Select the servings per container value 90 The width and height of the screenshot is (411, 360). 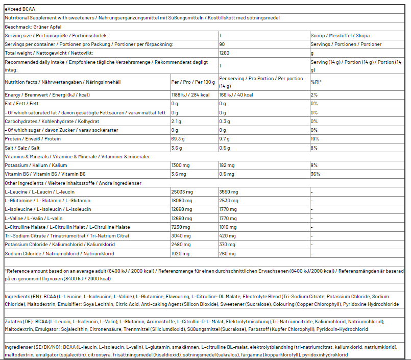pos(222,44)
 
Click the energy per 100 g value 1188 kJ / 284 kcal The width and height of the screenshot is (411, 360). pos(190,95)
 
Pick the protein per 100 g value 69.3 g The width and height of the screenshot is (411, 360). pos(178,139)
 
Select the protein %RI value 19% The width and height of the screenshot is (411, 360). pos(315,139)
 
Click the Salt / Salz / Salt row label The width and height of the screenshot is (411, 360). pos(26,148)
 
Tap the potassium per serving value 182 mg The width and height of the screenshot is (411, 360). pos(227,165)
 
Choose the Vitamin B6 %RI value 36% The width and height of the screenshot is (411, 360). pos(315,174)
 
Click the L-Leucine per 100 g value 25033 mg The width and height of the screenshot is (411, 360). pos(182,192)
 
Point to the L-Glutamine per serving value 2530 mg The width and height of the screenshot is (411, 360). pos(228,201)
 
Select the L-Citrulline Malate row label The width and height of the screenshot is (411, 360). pos(67,227)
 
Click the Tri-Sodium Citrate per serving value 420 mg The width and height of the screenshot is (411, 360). pos(227,236)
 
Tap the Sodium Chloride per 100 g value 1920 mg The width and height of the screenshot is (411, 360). pos(181,253)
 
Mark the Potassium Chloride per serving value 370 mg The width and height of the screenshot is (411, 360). pos(227,245)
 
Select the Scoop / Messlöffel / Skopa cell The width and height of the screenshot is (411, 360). pos(340,36)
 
